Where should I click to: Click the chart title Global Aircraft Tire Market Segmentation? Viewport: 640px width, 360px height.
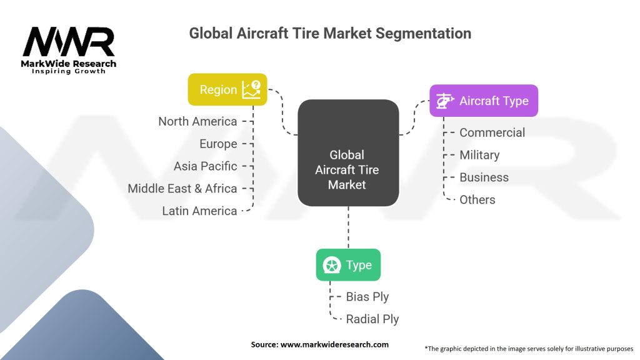tap(330, 32)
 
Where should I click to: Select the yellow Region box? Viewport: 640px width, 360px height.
tap(227, 89)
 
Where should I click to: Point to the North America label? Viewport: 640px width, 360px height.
tap(197, 121)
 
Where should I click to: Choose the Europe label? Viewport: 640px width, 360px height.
tap(218, 144)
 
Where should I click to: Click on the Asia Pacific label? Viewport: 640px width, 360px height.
tap(206, 166)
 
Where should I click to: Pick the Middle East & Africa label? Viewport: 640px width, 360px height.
tap(182, 189)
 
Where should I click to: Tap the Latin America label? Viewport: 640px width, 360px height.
tap(199, 211)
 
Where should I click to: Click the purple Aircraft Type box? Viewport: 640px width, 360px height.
tap(483, 101)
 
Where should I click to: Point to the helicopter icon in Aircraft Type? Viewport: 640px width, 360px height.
tap(444, 101)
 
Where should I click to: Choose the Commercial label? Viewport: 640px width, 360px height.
tap(492, 132)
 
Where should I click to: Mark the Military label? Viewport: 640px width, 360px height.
tap(479, 155)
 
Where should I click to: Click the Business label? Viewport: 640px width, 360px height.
tap(484, 177)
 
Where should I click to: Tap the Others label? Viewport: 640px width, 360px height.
tap(477, 200)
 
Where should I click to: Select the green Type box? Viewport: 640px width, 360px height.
tap(348, 264)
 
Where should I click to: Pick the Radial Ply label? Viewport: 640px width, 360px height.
tap(372, 319)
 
